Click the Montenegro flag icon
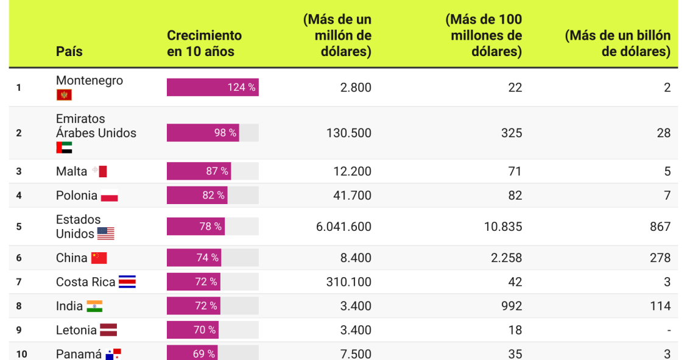(64, 95)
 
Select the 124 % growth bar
(212, 87)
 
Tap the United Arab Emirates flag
(64, 147)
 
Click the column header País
(69, 52)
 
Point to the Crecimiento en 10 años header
(204, 44)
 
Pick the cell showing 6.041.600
(343, 227)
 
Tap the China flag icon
(99, 258)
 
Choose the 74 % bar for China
(194, 258)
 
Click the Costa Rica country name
(85, 282)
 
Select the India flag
(94, 306)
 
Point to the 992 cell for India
(511, 306)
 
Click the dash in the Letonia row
(668, 330)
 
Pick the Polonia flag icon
(109, 197)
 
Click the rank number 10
(21, 354)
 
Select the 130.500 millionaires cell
(347, 133)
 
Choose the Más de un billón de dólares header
(618, 44)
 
